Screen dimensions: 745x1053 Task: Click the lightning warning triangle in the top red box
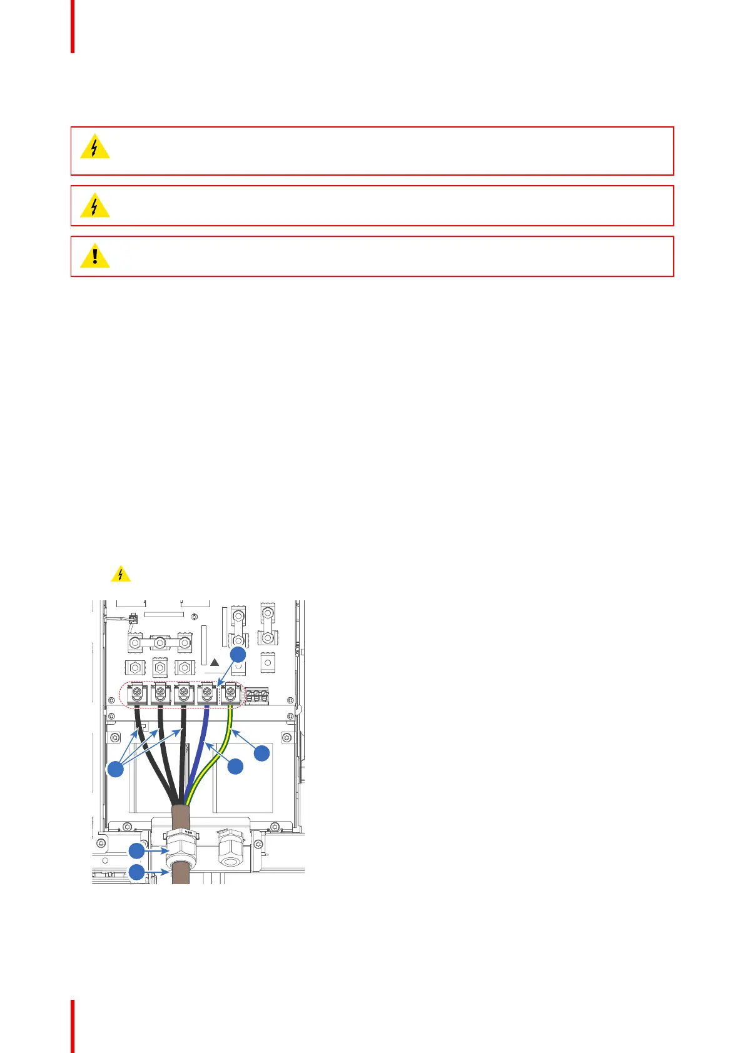pyautogui.click(x=95, y=147)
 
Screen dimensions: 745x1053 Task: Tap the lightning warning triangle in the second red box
pyautogui.click(x=95, y=206)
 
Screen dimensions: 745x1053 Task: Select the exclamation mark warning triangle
pyautogui.click(x=95, y=256)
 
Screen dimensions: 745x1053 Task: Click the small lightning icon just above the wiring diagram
pyautogui.click(x=121, y=574)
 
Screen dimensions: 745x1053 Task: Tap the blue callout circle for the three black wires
pyautogui.click(x=116, y=769)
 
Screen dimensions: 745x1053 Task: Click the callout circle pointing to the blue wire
pyautogui.click(x=235, y=766)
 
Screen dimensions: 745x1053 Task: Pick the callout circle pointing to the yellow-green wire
pyautogui.click(x=262, y=753)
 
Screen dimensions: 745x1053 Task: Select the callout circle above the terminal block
pyautogui.click(x=238, y=654)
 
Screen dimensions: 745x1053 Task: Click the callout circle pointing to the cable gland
pyautogui.click(x=137, y=850)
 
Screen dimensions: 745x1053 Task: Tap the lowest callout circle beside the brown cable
pyautogui.click(x=137, y=872)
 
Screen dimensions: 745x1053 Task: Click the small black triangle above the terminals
pyautogui.click(x=215, y=662)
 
